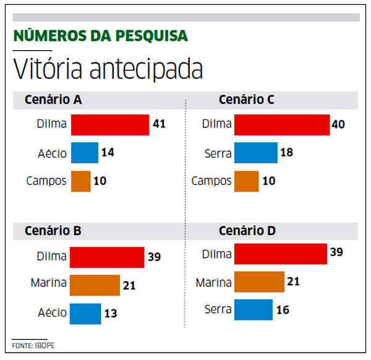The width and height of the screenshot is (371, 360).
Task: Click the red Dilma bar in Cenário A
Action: pos(110,124)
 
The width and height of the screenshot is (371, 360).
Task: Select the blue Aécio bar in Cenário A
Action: pos(85,153)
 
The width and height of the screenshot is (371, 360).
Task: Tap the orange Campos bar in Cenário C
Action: pos(246,181)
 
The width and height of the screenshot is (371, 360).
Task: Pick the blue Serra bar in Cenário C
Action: pos(256,153)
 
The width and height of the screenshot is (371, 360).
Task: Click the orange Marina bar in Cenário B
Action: pos(95,285)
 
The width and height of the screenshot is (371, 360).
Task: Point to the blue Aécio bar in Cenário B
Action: pos(85,313)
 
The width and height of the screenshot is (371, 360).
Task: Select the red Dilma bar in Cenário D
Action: pos(281,254)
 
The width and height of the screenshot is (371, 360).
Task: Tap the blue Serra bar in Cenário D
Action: pos(254,309)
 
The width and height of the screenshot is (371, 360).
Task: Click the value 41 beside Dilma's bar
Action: pos(159,124)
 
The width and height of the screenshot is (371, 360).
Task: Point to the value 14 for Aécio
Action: pos(108,153)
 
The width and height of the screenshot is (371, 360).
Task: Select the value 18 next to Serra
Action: pos(286,153)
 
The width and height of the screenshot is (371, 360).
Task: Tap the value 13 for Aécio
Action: pos(111,313)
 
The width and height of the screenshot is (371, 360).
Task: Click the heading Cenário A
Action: pos(54,100)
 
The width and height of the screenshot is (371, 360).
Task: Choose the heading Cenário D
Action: pos(247,231)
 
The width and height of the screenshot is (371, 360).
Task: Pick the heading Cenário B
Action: pos(53,231)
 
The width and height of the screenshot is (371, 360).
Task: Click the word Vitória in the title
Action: pos(49,69)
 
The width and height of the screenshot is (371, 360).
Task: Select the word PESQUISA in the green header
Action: pos(155,35)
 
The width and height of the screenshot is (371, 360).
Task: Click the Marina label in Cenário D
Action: pos(213,283)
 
